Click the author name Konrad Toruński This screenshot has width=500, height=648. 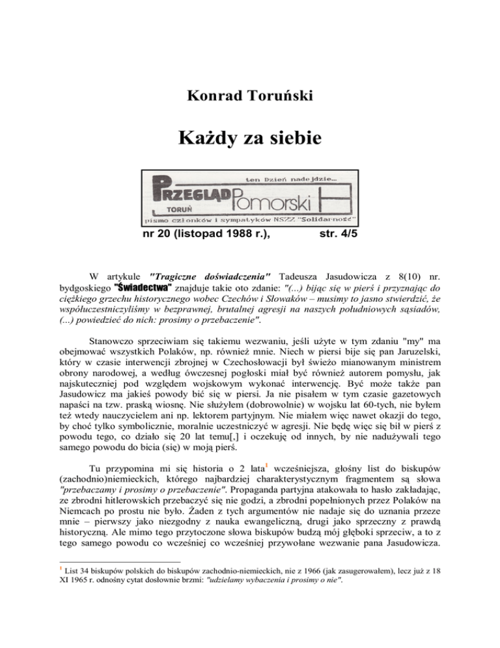coord(249,96)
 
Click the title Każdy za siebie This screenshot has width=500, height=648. coord(249,139)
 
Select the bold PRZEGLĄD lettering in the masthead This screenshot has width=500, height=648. coord(184,194)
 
